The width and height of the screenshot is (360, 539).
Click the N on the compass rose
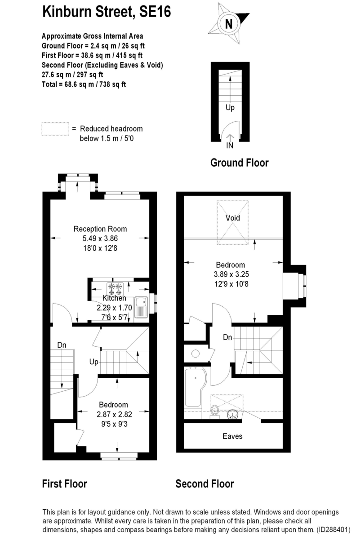(x=228, y=24)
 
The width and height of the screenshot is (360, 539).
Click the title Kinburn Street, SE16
(x=107, y=12)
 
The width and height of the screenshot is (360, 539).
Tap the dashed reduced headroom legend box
(x=55, y=129)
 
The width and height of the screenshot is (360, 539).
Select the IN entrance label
(x=230, y=146)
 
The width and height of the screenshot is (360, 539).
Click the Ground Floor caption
(x=239, y=163)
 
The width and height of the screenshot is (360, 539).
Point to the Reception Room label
(x=100, y=229)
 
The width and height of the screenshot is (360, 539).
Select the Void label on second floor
(x=232, y=218)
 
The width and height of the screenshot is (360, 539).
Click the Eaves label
(x=232, y=436)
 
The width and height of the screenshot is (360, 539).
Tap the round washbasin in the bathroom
(x=233, y=414)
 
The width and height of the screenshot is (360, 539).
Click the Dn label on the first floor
(x=62, y=345)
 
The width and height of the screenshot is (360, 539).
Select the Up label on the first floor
(x=93, y=362)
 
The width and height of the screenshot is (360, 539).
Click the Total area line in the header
(x=84, y=84)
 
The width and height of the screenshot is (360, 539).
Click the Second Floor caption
(x=204, y=484)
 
